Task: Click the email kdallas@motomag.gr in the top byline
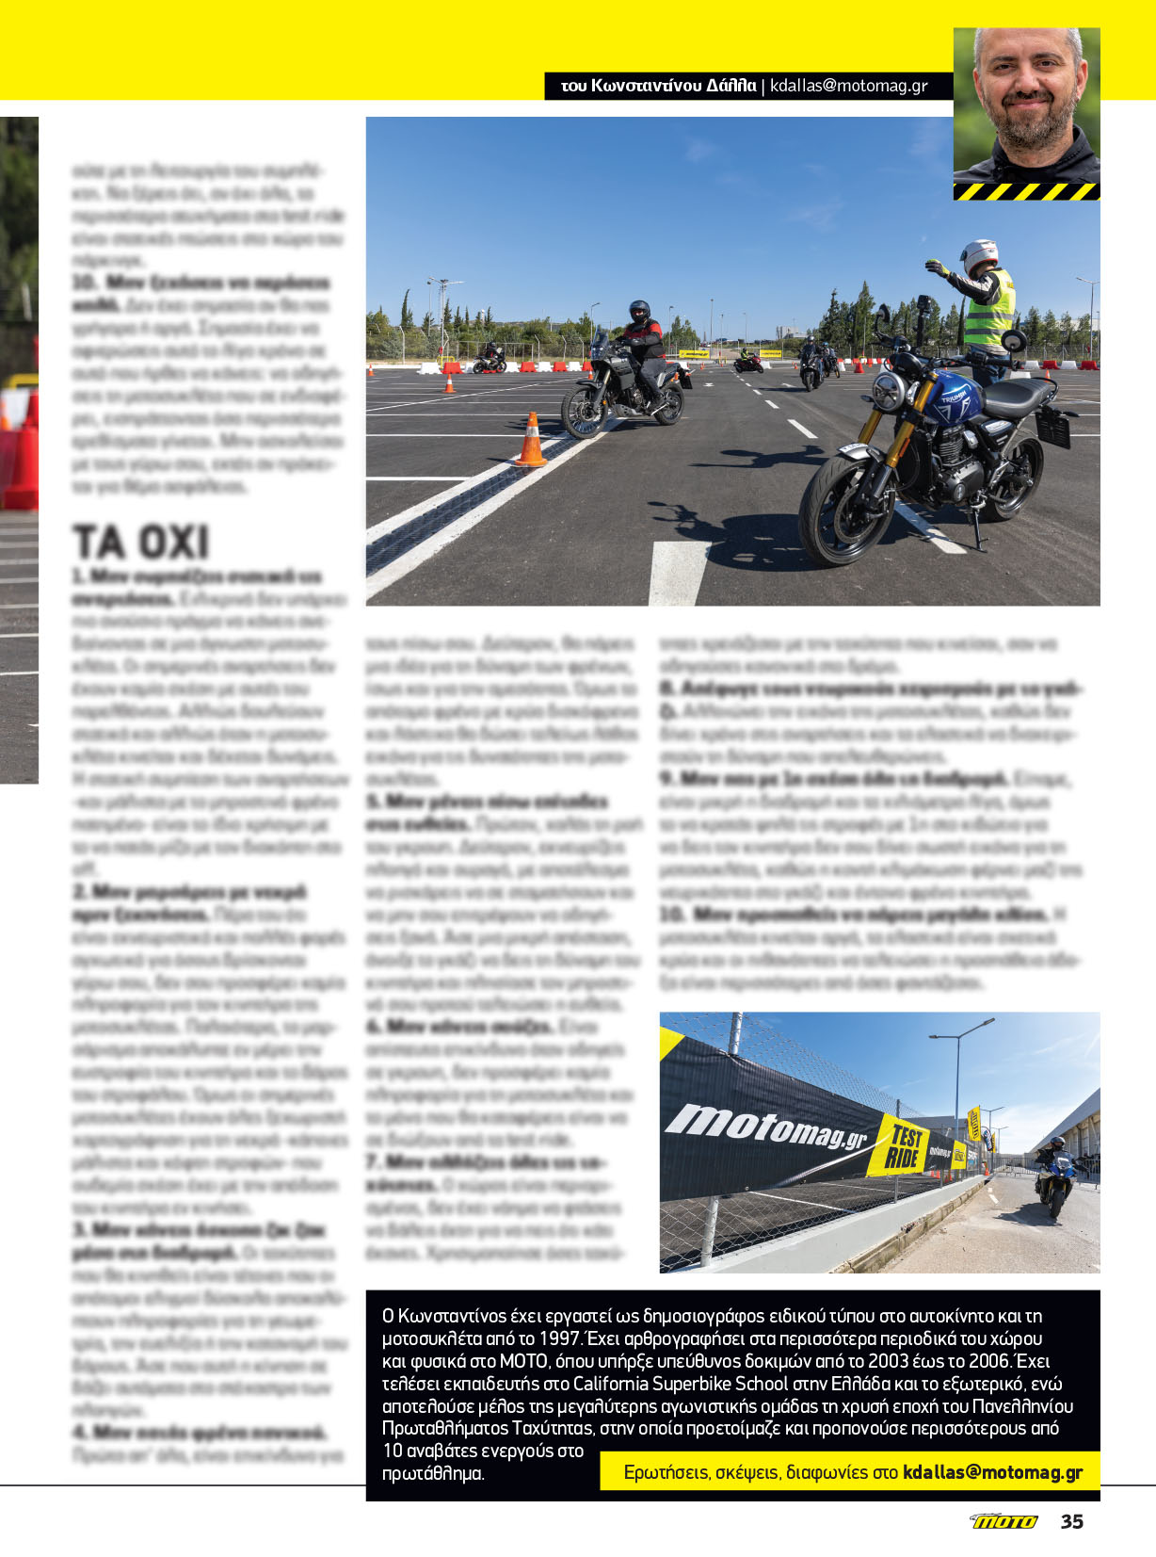coord(848,86)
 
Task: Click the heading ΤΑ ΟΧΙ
coord(141,543)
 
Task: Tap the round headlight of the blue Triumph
coord(887,392)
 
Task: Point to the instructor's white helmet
coord(978,255)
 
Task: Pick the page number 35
coord(1072,1521)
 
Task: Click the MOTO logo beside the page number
coord(1004,1521)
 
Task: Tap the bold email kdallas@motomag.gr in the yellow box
coord(992,1472)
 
